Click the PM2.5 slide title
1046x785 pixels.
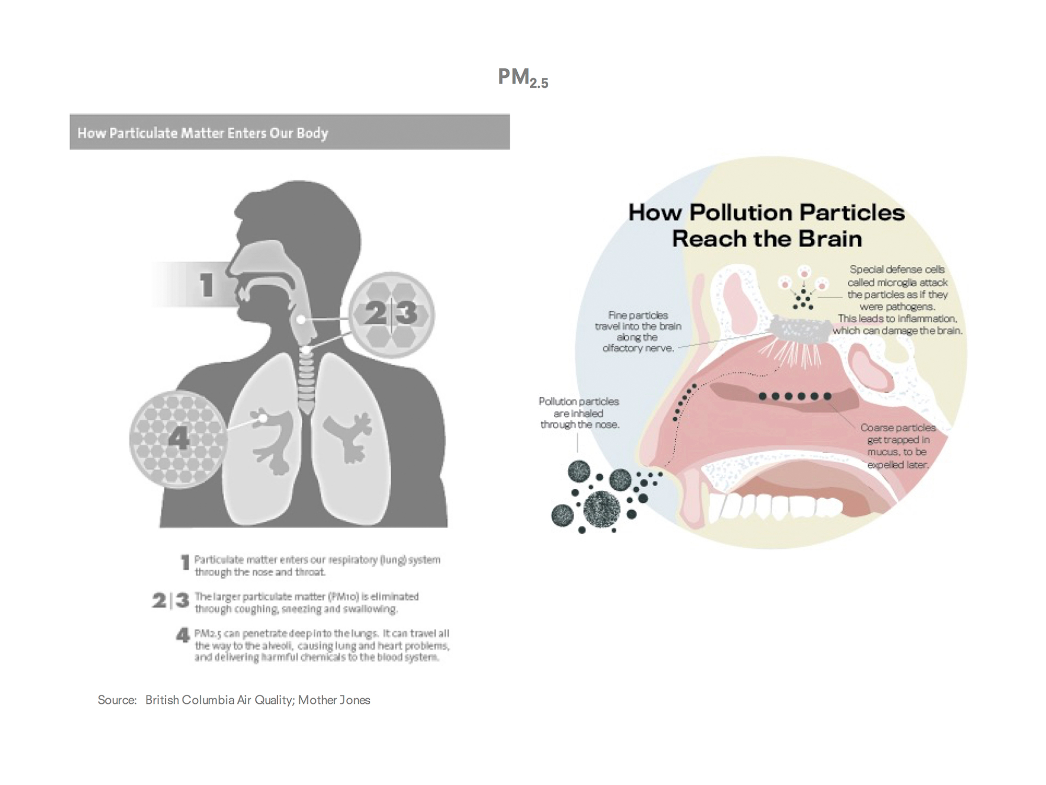pos(522,78)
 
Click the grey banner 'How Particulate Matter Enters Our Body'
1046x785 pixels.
pos(289,132)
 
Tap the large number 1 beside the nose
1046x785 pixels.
pos(207,285)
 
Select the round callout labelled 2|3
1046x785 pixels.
pos(391,314)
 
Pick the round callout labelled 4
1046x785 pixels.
pos(178,439)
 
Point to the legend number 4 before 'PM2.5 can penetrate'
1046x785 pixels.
pos(183,635)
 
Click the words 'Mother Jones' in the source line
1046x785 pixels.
pos(334,700)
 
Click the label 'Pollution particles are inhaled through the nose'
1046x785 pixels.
pos(579,413)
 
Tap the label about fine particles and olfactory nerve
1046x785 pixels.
pos(638,331)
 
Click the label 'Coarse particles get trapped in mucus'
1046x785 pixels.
pos(897,445)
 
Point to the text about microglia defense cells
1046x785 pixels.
pos(897,299)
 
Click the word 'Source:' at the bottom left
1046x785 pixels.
pos(117,700)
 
